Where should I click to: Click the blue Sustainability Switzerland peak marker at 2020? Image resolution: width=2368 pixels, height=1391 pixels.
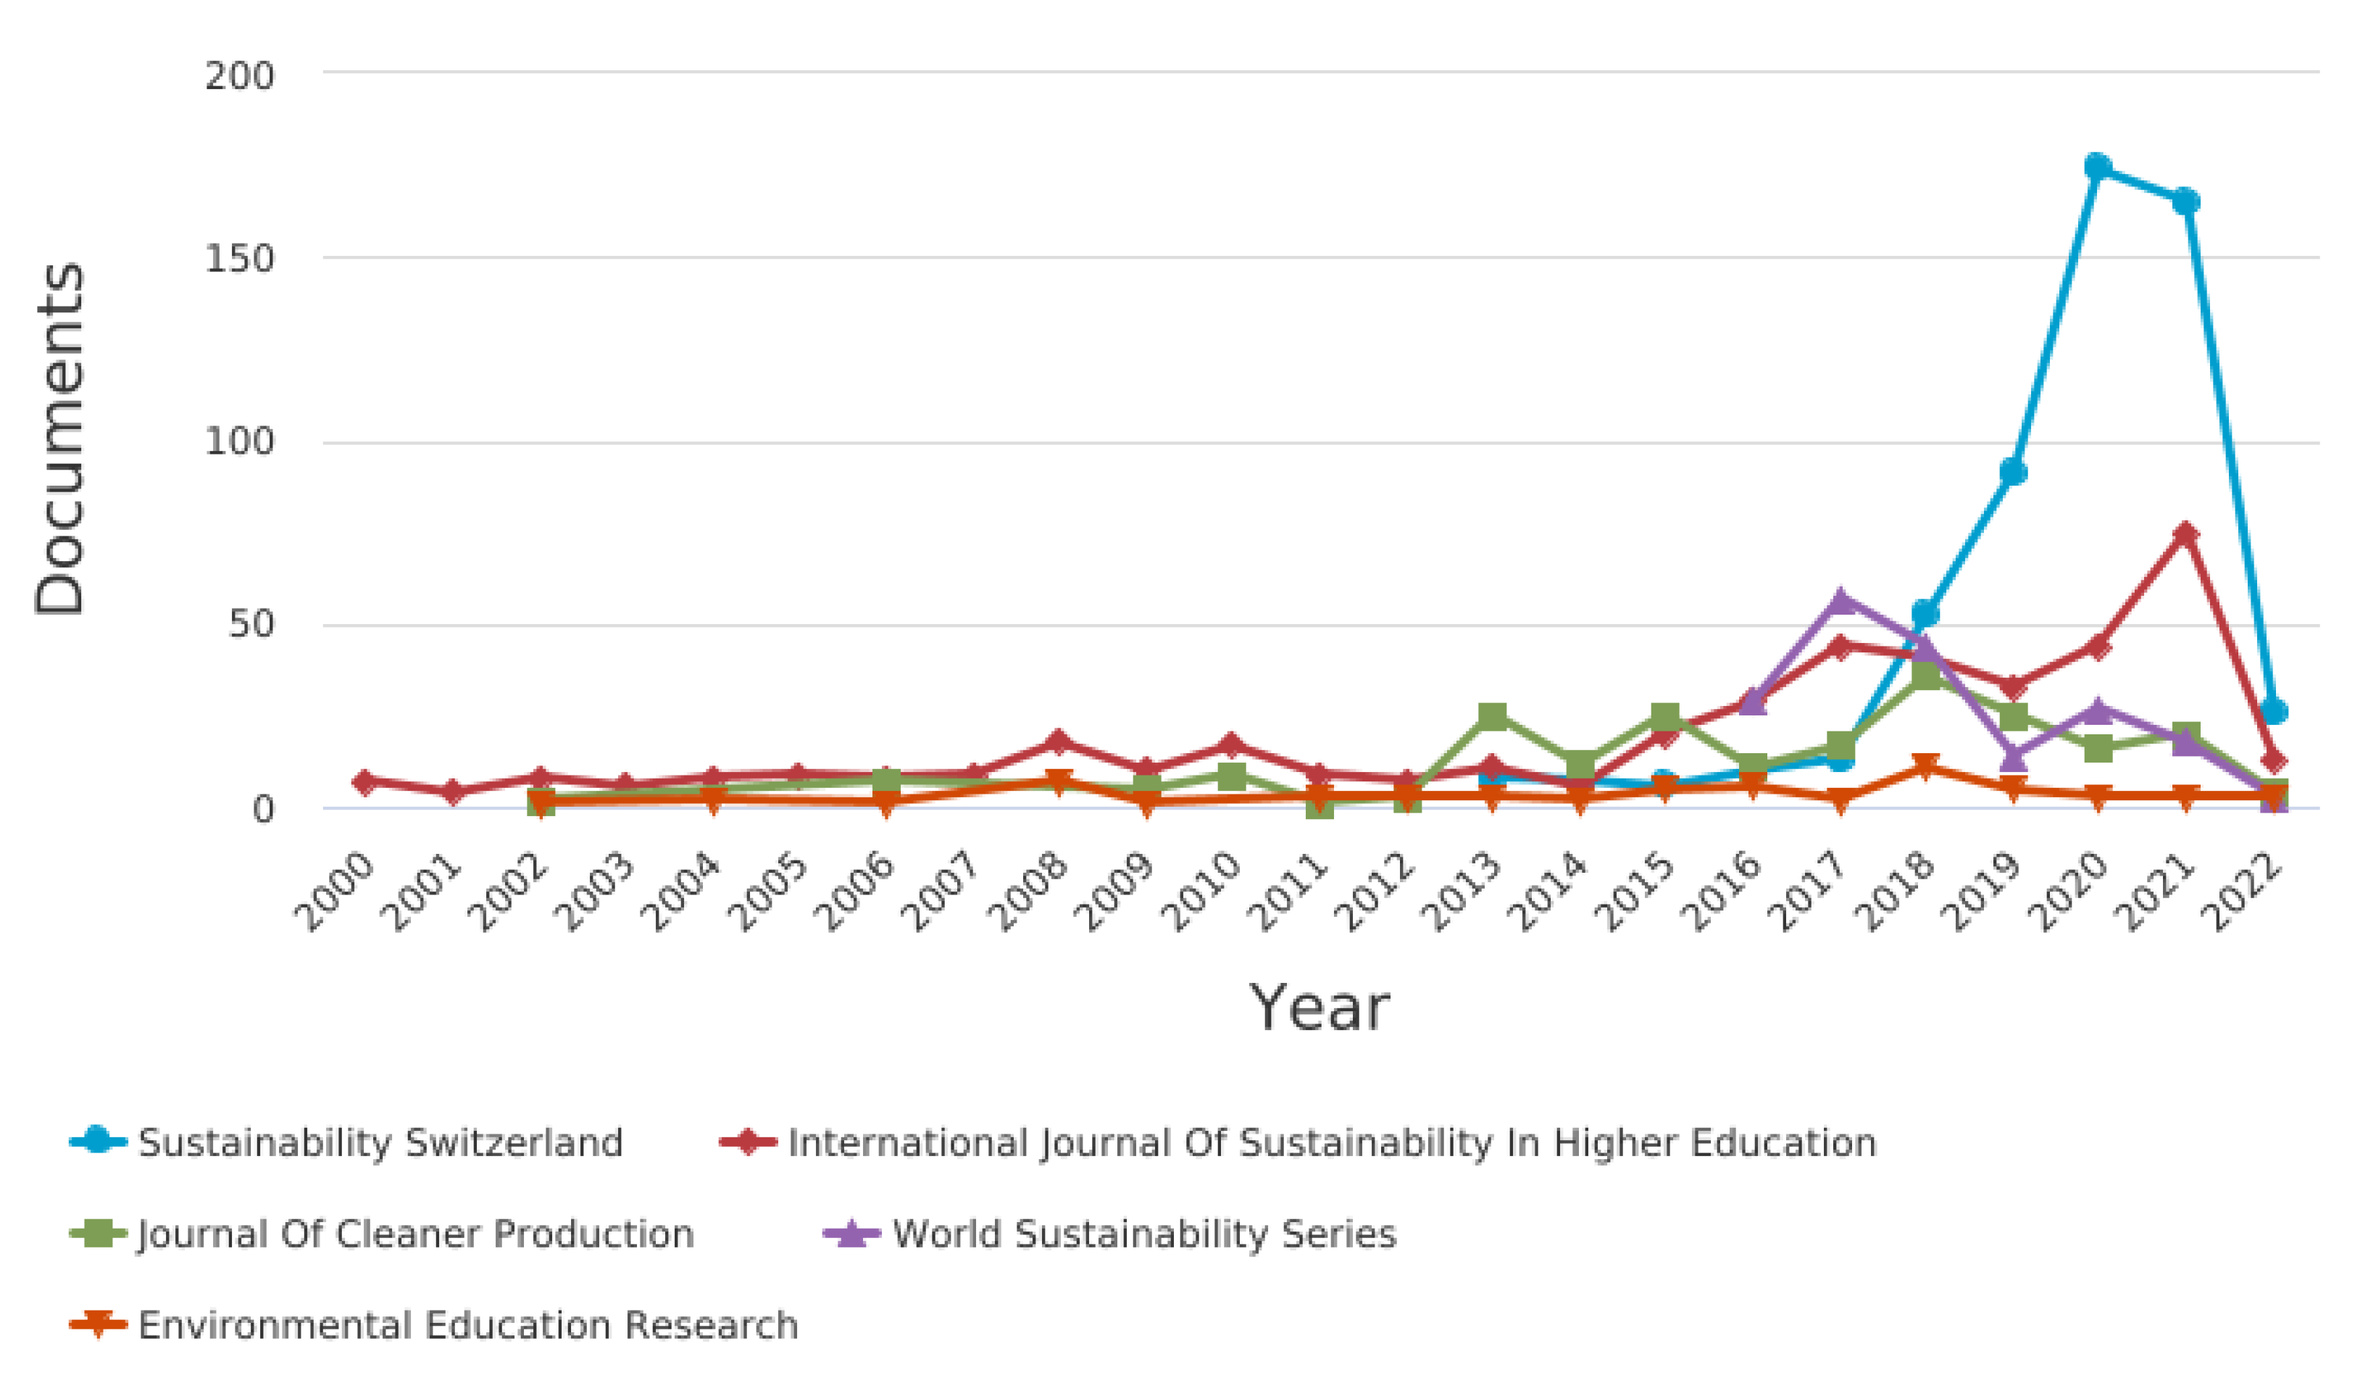[x=2098, y=167]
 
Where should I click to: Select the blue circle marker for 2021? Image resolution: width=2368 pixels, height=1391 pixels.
[x=2185, y=201]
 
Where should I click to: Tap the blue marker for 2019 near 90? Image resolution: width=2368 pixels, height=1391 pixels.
[x=2012, y=472]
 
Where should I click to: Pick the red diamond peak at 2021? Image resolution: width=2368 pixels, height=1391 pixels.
[x=2185, y=533]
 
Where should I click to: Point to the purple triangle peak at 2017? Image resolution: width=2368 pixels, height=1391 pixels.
[x=1840, y=599]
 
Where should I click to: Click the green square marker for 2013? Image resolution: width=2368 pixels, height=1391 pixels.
[x=1492, y=716]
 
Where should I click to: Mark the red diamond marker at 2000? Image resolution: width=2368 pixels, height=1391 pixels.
[x=365, y=781]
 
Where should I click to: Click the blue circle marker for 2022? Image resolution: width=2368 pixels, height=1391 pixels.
[x=2273, y=712]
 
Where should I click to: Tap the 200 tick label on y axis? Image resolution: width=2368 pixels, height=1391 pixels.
[x=240, y=75]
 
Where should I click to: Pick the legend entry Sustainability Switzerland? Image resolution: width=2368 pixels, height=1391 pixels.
[x=380, y=1143]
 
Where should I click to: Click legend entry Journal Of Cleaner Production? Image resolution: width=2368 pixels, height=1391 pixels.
[x=414, y=1234]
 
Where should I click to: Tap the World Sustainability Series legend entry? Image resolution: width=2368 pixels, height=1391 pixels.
[x=1143, y=1234]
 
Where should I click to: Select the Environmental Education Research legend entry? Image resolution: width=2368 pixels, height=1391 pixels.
[x=467, y=1325]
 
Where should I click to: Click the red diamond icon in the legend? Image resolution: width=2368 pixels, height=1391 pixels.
[x=748, y=1143]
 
